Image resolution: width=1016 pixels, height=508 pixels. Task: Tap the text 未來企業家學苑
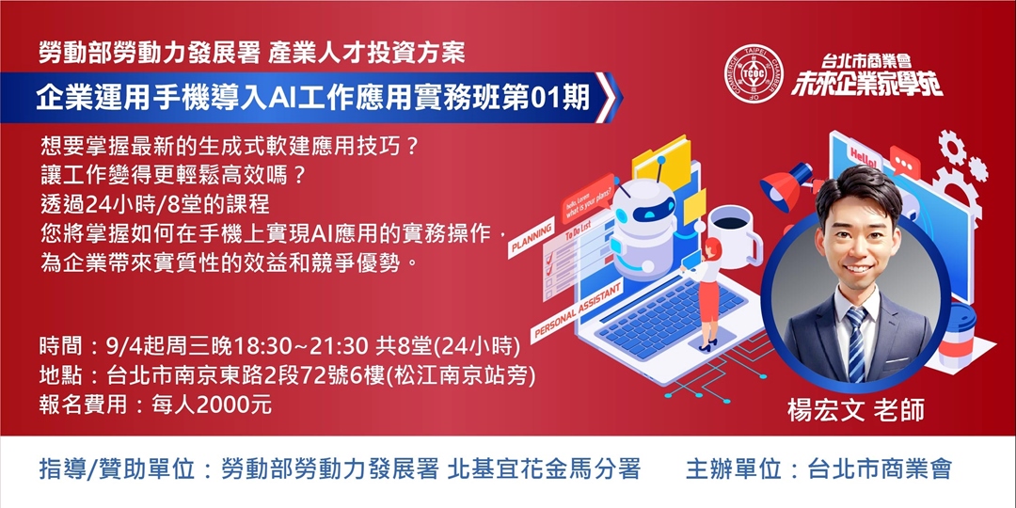click(x=865, y=85)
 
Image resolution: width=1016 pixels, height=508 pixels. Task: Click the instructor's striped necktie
click(x=856, y=342)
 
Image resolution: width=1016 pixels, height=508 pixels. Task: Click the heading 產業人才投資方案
click(x=366, y=52)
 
